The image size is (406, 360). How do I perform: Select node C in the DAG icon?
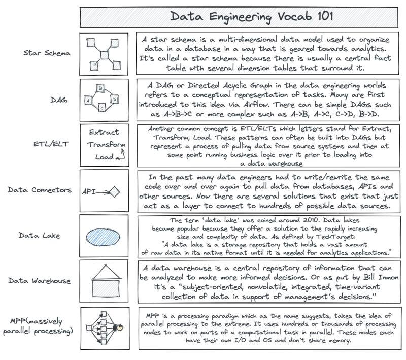[x=101, y=108]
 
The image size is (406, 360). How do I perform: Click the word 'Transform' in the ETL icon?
[x=106, y=144]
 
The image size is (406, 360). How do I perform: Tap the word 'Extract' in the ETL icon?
[x=104, y=132]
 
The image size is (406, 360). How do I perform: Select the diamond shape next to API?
[x=115, y=191]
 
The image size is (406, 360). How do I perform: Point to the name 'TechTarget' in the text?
[x=346, y=236]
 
